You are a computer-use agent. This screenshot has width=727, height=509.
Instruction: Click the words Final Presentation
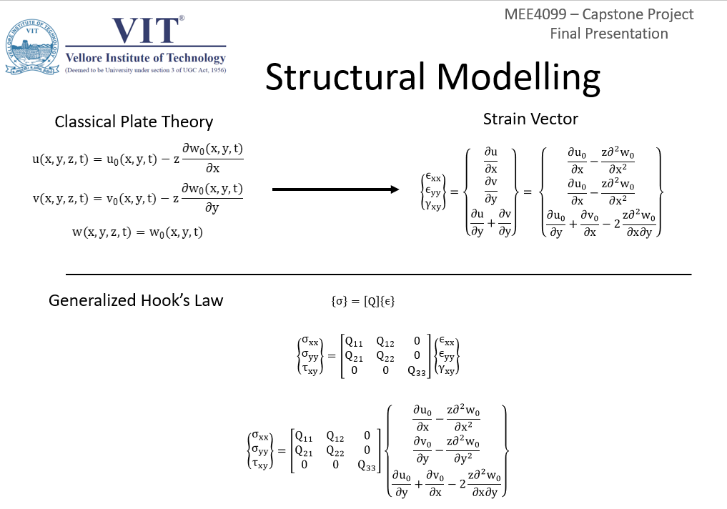click(609, 34)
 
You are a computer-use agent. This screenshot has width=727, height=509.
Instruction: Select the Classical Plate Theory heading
click(134, 122)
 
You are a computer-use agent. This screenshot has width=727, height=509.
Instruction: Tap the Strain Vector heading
click(530, 119)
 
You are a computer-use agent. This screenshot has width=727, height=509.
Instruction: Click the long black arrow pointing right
click(335, 189)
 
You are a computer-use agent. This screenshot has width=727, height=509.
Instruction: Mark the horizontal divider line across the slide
click(379, 275)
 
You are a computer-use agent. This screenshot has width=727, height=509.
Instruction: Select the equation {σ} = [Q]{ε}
click(363, 302)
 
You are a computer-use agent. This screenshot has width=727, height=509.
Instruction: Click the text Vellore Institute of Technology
click(145, 58)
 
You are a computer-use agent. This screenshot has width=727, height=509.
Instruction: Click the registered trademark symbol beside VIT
click(182, 18)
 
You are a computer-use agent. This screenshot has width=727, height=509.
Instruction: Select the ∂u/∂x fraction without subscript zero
click(490, 160)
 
